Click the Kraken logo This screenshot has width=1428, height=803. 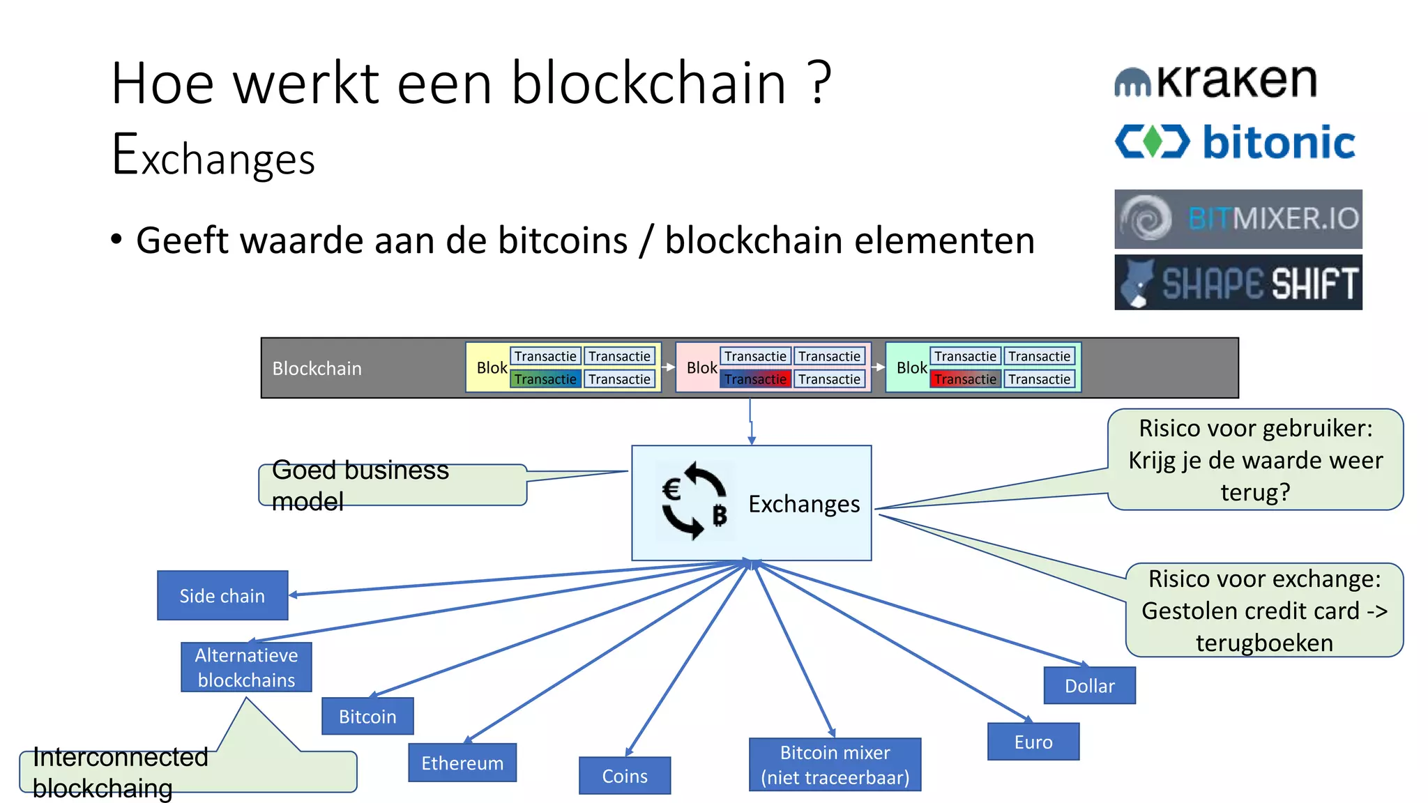[1215, 82]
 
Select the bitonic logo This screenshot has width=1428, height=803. [1235, 142]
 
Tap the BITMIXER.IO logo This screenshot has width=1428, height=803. [1238, 219]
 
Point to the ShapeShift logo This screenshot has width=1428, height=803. [1238, 282]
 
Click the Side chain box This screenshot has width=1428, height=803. [222, 595]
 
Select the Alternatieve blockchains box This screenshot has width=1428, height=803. [246, 667]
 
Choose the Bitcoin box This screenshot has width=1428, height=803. [367, 716]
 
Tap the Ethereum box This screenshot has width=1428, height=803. [462, 763]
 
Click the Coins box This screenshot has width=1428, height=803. [625, 775]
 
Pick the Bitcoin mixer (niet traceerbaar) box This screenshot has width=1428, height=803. [835, 765]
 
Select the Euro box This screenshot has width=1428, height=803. [1033, 742]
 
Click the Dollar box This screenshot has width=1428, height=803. [1089, 685]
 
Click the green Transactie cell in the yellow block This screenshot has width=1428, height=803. [545, 379]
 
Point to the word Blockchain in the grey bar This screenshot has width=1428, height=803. [317, 368]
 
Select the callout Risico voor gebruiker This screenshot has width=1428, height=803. [1255, 459]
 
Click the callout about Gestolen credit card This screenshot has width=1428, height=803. [1264, 610]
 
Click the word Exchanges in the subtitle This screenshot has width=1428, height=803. [213, 156]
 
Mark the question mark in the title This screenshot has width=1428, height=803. [821, 84]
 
